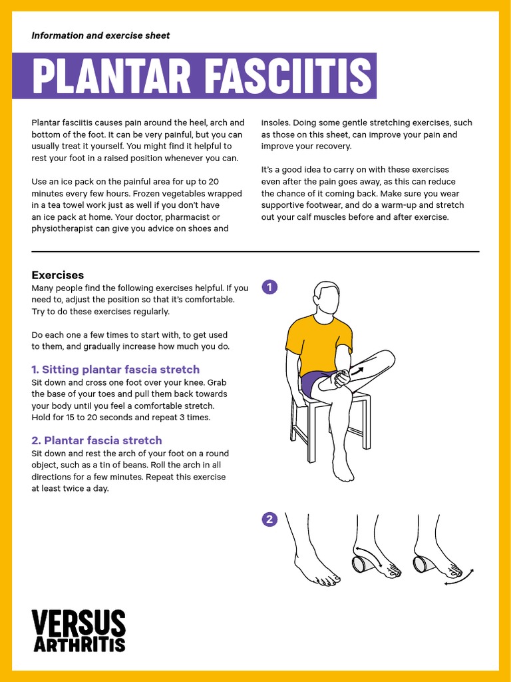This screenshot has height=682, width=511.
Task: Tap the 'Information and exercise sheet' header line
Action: [x=100, y=35]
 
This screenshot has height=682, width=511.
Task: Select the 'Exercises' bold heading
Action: [x=58, y=275]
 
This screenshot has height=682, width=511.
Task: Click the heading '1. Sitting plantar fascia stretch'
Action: [x=116, y=370]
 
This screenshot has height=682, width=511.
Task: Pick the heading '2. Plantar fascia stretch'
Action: [x=97, y=440]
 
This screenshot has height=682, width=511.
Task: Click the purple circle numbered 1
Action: [x=269, y=287]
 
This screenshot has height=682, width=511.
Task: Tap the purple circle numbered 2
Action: [x=269, y=519]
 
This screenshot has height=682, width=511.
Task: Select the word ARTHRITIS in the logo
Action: [x=79, y=644]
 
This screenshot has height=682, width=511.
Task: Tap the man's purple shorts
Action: [x=312, y=384]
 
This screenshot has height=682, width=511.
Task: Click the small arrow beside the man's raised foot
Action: [x=357, y=369]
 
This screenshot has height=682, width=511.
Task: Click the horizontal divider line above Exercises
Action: [x=255, y=252]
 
